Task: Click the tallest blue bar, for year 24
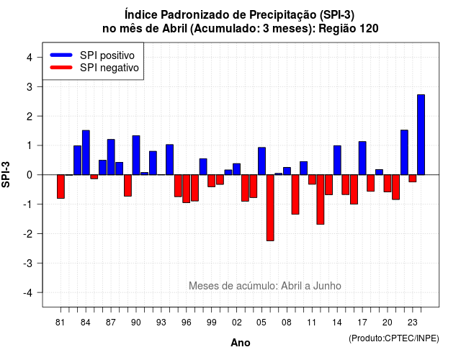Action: tap(421, 135)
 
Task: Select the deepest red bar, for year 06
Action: tap(270, 208)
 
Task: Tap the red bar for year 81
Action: tap(61, 186)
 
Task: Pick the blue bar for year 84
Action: tap(86, 153)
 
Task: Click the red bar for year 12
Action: tap(321, 199)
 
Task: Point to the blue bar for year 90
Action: tap(136, 156)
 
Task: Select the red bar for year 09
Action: tap(295, 194)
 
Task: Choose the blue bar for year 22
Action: tap(404, 152)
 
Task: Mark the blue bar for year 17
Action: tap(362, 158)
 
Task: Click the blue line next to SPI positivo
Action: tap(61, 55)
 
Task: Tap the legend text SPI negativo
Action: tap(109, 68)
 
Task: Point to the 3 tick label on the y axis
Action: tap(30, 86)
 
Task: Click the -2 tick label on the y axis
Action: tap(28, 233)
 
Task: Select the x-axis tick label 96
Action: tap(186, 323)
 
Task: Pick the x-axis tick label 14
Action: tap(337, 323)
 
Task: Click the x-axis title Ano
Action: tap(241, 343)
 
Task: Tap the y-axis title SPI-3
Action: tap(6, 174)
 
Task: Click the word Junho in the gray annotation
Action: tap(327, 286)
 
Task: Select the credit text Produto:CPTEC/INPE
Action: tap(394, 338)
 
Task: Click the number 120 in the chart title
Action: tap(370, 29)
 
